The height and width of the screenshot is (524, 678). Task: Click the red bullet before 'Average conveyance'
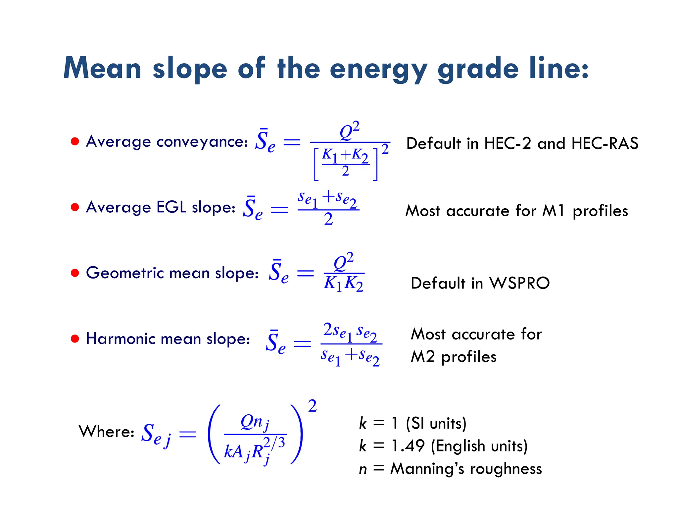(75, 142)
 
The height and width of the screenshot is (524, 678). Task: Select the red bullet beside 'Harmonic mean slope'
(75, 339)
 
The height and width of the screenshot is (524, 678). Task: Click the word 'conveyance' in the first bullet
(202, 142)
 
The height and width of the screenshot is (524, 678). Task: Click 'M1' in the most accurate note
(553, 211)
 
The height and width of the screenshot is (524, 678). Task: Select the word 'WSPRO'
(519, 283)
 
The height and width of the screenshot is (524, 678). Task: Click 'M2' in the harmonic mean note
(422, 357)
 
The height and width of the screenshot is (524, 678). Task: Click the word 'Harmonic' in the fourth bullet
(121, 339)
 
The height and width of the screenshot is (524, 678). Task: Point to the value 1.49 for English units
(408, 446)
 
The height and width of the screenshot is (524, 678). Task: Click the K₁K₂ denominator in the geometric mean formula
(344, 284)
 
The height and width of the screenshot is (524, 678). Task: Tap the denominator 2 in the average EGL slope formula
(328, 219)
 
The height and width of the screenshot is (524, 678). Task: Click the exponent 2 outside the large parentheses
(312, 406)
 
